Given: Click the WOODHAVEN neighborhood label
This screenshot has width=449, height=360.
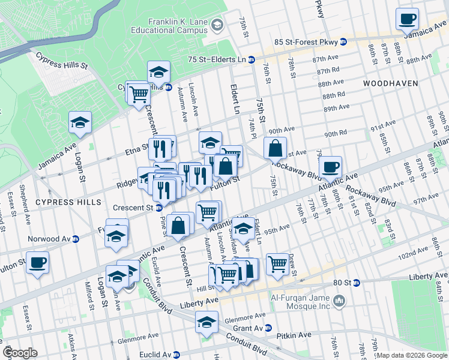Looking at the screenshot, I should tap(390, 83).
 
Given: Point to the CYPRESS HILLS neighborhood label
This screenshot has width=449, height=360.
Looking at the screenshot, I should tap(68, 202).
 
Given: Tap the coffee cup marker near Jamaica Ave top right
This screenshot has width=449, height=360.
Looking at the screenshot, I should tap(407, 19).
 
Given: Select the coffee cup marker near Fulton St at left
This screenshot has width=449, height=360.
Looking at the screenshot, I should tap(37, 262).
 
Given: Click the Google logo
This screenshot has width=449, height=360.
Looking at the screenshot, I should tap(20, 353).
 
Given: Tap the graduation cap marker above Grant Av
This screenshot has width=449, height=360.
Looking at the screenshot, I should tap(206, 322).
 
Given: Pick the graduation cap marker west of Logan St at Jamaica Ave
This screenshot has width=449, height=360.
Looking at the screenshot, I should tap(79, 123).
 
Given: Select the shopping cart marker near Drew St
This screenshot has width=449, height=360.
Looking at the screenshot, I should tap(277, 263).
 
